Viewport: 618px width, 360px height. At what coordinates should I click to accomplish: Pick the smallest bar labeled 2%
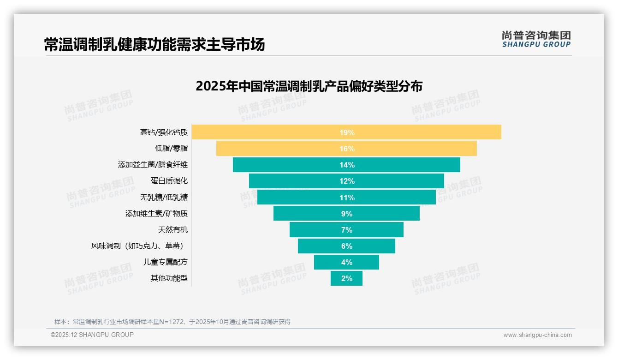pyautogui.click(x=346, y=278)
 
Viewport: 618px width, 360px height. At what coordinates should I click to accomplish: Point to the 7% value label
pyautogui.click(x=346, y=230)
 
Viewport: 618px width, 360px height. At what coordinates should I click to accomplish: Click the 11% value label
pyautogui.click(x=346, y=198)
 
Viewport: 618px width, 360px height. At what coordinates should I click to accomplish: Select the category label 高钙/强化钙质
pyautogui.click(x=164, y=132)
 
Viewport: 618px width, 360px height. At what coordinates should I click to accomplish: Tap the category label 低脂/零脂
pyautogui.click(x=171, y=149)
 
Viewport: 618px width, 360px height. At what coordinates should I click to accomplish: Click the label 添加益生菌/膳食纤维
pyautogui.click(x=153, y=165)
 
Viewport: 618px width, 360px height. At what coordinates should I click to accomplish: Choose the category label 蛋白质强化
pyautogui.click(x=169, y=181)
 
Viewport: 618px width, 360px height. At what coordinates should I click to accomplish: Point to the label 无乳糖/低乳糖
pyautogui.click(x=164, y=198)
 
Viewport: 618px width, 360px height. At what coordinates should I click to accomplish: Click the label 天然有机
pyautogui.click(x=173, y=230)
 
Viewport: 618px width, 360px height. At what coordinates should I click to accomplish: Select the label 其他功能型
pyautogui.click(x=169, y=278)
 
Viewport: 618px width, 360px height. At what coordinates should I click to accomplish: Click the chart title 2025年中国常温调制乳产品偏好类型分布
pyautogui.click(x=309, y=86)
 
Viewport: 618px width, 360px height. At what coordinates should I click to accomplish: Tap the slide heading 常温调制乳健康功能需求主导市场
pyautogui.click(x=154, y=45)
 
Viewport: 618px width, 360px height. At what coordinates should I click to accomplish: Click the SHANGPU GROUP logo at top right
pyautogui.click(x=536, y=39)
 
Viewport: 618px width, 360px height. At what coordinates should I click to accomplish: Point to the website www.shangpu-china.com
pyautogui.click(x=537, y=335)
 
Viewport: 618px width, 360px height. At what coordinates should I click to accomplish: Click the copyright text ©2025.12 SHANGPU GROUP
pyautogui.click(x=92, y=335)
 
